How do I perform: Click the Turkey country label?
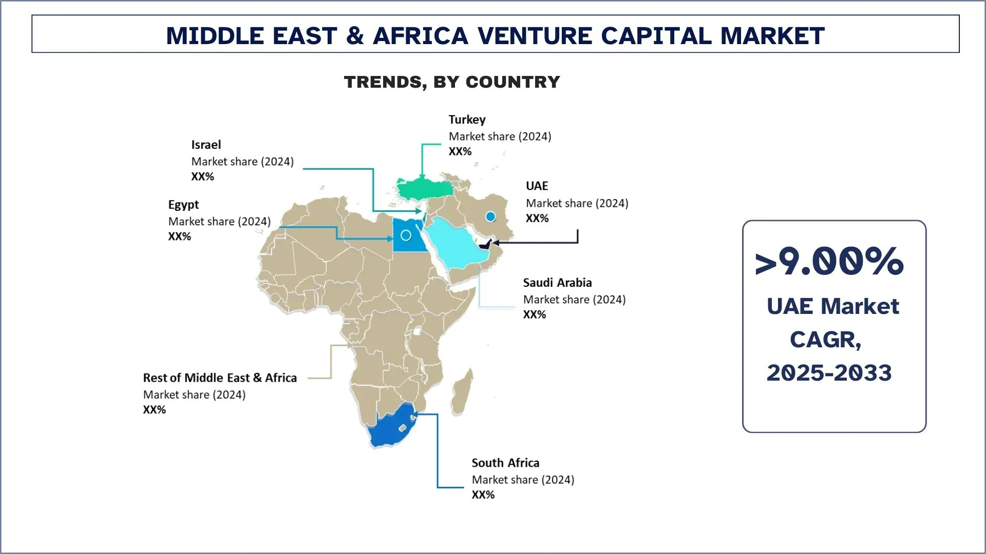click(x=467, y=120)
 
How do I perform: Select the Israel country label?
click(x=206, y=145)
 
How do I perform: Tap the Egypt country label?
click(x=183, y=205)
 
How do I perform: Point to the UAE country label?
click(x=537, y=186)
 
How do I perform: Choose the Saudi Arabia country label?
click(x=557, y=283)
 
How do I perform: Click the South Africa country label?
click(x=505, y=463)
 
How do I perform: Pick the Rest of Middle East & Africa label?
click(x=220, y=378)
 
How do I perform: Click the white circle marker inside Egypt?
click(x=406, y=235)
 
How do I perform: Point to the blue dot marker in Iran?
click(x=490, y=217)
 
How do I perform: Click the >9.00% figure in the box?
click(x=829, y=262)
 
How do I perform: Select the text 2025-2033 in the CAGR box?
click(x=829, y=373)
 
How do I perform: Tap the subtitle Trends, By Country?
click(x=452, y=82)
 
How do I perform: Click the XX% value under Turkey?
click(x=460, y=151)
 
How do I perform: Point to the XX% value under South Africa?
click(x=483, y=495)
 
